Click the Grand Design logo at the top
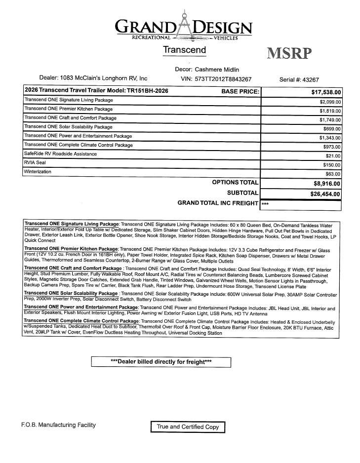pyautogui.click(x=183, y=27)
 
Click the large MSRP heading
pyautogui.click(x=289, y=53)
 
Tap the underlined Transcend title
pyautogui.click(x=184, y=50)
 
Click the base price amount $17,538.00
pyautogui.click(x=326, y=92)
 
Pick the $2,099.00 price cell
pyautogui.click(x=330, y=102)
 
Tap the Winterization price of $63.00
pyautogui.click(x=332, y=174)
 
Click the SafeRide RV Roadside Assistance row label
pyautogui.click(x=60, y=154)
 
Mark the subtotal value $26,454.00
pyautogui.click(x=325, y=194)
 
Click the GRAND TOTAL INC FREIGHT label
pyautogui.click(x=218, y=203)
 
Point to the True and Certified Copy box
pyautogui.click(x=188, y=426)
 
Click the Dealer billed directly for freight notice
pyautogui.click(x=161, y=362)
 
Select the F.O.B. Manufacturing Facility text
pyautogui.click(x=58, y=425)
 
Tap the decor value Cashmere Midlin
pyautogui.click(x=217, y=70)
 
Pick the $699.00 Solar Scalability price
pyautogui.click(x=332, y=129)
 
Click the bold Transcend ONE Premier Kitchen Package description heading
pyautogui.click(x=71, y=249)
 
